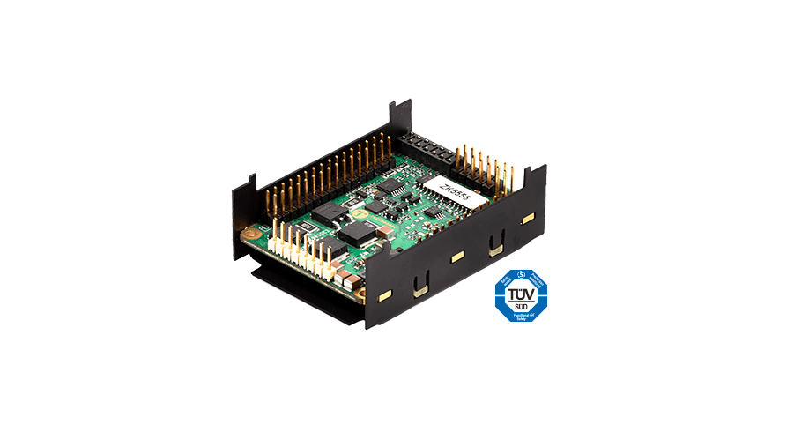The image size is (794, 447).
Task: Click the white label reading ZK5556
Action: pos(456,190)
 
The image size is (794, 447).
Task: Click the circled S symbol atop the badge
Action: pos(519,275)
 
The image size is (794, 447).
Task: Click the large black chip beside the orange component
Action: pos(358,233)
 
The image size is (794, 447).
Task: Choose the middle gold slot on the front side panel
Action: pos(456,257)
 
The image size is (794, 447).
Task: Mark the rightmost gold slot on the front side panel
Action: pos(528,217)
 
